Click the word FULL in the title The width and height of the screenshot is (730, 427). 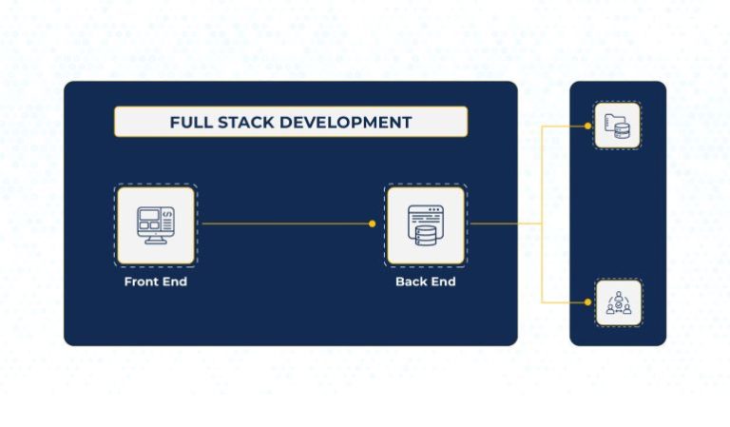coord(188,123)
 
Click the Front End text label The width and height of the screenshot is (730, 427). coord(155,282)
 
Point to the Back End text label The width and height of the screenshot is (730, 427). coord(425,282)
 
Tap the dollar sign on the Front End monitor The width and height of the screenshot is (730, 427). coord(167,216)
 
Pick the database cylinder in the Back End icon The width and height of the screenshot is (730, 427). coord(425,232)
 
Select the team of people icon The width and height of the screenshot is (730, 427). coord(618,303)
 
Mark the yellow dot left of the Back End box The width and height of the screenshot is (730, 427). coord(372,224)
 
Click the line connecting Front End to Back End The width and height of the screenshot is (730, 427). coord(285,224)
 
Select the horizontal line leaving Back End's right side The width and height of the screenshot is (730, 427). coord(504,224)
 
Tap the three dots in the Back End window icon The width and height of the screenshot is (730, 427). coord(435,209)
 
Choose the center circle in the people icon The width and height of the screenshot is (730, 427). coord(618,303)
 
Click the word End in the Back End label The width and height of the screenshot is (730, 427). coord(441,282)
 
